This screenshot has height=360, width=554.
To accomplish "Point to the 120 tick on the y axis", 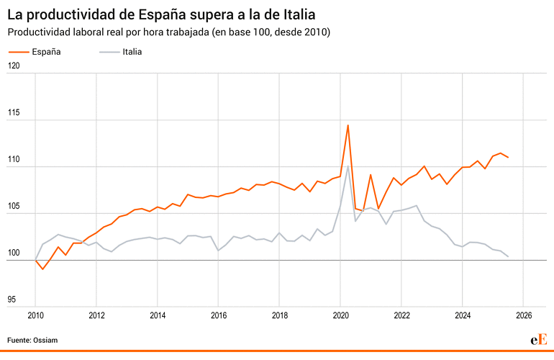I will [13, 66].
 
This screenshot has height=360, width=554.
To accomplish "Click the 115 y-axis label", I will [13, 114].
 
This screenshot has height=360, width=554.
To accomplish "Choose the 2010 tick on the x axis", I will [35, 315].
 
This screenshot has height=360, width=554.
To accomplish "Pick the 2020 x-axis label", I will [340, 315].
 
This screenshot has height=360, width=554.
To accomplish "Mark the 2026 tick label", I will [524, 315].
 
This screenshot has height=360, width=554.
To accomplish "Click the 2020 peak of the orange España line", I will [348, 125].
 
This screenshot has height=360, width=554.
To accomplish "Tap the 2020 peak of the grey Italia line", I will [348, 166].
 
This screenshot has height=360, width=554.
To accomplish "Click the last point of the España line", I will [509, 157].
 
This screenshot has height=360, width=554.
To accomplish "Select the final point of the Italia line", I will [509, 256].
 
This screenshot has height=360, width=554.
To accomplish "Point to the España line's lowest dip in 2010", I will [43, 269].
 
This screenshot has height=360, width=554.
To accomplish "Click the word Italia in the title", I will [296, 14].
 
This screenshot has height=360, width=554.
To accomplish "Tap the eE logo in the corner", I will [539, 339].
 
